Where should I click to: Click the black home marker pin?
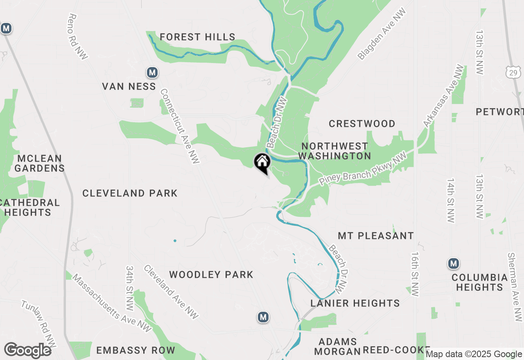(262, 162)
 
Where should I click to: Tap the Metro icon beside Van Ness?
(152, 73)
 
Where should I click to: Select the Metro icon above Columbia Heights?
(454, 264)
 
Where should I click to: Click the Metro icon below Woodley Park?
(263, 317)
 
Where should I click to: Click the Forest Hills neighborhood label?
(197, 37)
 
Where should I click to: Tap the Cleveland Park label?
(130, 193)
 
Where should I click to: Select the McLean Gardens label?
(39, 163)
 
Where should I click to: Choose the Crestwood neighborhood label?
(362, 124)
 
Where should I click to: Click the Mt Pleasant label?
(376, 236)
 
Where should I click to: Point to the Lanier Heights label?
(355, 303)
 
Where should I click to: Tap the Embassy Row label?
(136, 351)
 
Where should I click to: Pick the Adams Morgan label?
(337, 346)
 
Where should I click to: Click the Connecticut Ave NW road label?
(180, 126)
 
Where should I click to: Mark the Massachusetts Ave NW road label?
(112, 303)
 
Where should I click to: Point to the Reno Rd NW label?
(77, 37)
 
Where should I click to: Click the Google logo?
(27, 351)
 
